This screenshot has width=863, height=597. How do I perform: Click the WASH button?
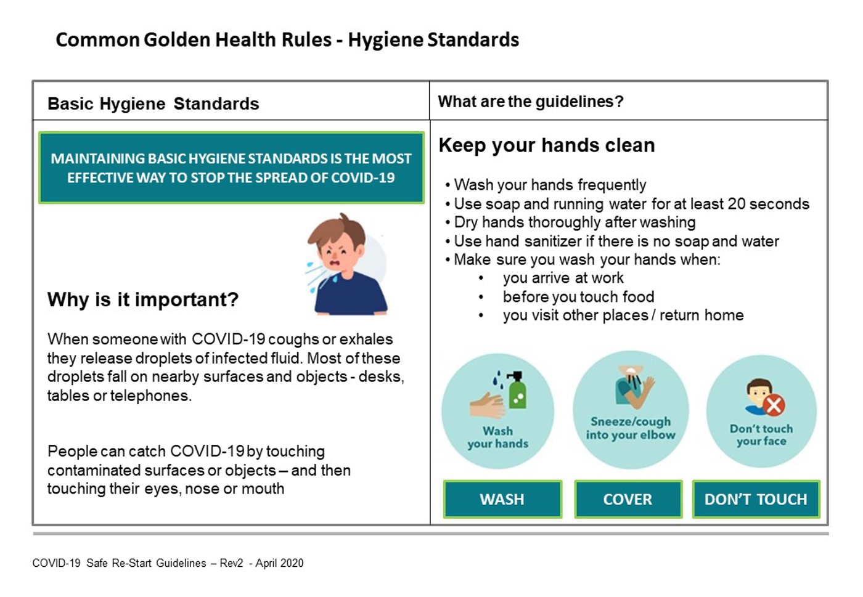click(502, 499)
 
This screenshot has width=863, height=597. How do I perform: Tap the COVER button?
click(628, 499)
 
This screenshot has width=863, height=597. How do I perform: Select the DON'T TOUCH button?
click(756, 499)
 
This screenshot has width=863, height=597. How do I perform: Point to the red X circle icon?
click(774, 405)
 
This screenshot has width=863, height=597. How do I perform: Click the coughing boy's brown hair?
click(336, 230)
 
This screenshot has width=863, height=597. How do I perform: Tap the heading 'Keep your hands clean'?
click(547, 145)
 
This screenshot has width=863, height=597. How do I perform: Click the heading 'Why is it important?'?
click(143, 299)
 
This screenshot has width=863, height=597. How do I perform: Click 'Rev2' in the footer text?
click(231, 563)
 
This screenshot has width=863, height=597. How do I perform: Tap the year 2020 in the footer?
click(292, 563)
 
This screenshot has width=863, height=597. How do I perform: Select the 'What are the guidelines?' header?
click(531, 101)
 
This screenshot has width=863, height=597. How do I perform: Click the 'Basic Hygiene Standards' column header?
click(153, 104)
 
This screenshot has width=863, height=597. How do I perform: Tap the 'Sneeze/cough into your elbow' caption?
click(631, 428)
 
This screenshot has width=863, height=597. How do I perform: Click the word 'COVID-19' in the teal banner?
click(362, 177)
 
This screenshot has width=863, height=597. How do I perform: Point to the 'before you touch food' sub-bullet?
click(578, 296)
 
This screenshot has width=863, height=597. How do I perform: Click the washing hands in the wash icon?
click(487, 405)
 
